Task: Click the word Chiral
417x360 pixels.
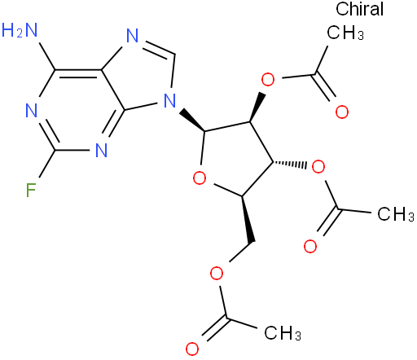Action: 359,9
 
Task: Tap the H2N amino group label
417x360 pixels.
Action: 20,30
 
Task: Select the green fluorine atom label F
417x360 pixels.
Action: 31,190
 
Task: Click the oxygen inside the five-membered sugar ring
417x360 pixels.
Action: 200,178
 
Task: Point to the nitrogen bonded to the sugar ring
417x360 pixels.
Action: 170,100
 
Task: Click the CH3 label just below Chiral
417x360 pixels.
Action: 345,33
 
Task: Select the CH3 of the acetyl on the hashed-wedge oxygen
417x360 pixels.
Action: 396,213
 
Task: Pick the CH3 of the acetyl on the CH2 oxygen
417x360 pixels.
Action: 283,332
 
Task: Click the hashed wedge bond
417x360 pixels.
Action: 290,164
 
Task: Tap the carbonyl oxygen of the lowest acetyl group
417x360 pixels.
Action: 192,349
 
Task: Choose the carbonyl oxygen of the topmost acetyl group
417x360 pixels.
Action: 342,112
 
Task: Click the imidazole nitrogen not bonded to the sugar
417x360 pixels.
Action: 133,36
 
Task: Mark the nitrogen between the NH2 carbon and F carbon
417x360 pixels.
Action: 32,111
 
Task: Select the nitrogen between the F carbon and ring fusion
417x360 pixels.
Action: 102,150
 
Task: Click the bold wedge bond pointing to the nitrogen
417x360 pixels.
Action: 192,120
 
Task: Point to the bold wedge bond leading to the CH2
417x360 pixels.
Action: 248,219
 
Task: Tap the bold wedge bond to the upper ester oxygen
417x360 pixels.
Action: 257,108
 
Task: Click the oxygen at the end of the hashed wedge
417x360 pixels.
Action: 318,167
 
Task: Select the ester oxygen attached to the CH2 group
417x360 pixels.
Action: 217,273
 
